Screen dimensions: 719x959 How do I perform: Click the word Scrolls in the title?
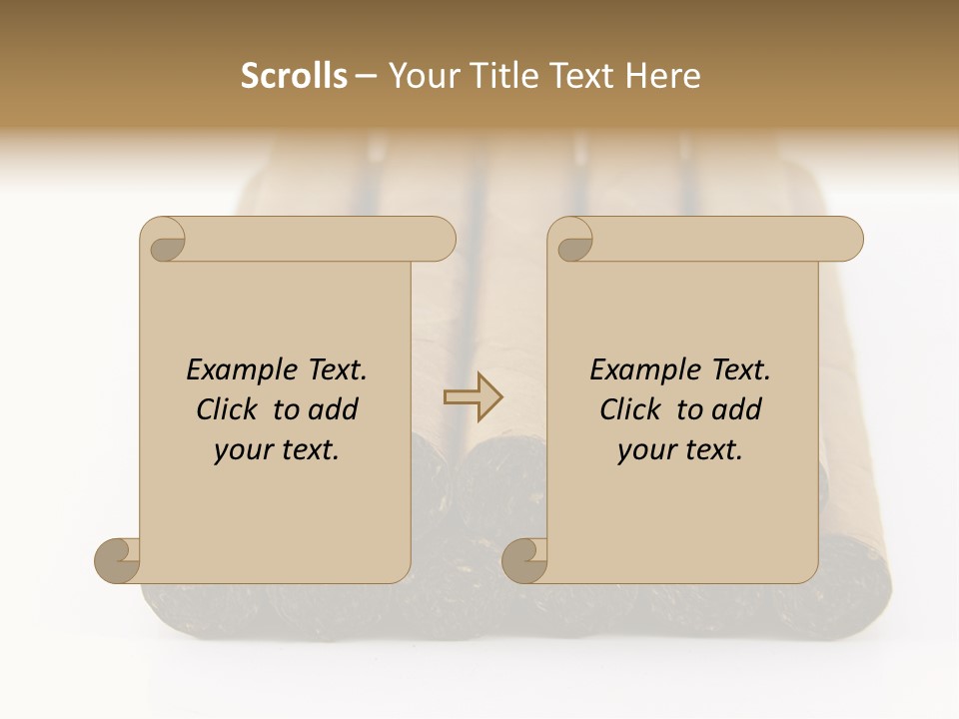pyautogui.click(x=294, y=76)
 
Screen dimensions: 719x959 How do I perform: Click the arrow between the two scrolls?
pyautogui.click(x=474, y=398)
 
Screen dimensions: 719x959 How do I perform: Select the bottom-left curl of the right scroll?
pyautogui.click(x=525, y=560)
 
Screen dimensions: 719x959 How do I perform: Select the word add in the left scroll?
pyautogui.click(x=333, y=409)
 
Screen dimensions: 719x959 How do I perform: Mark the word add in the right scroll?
pyautogui.click(x=736, y=409)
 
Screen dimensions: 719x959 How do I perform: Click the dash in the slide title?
pyautogui.click(x=367, y=77)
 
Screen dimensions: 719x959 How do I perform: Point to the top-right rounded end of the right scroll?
pyautogui.click(x=846, y=239)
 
